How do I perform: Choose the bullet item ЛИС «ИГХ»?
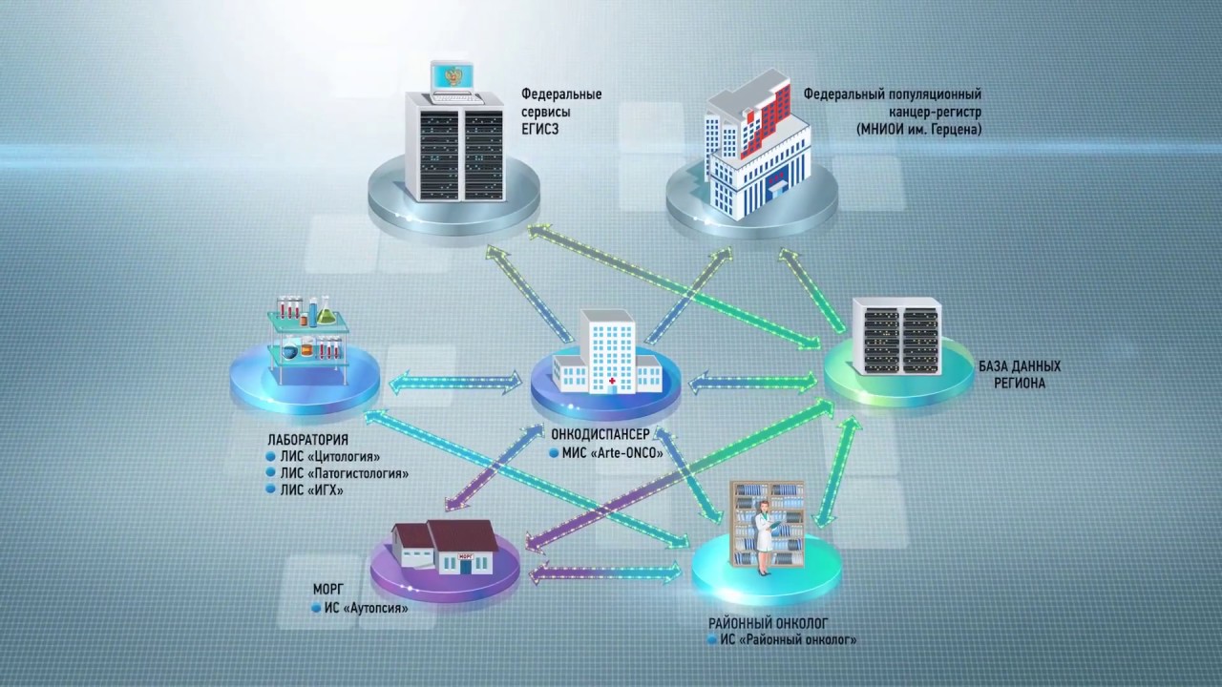click(312, 490)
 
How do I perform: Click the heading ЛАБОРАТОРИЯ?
click(308, 440)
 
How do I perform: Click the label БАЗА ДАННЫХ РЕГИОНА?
click(1019, 374)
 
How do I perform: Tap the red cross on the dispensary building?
click(612, 380)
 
